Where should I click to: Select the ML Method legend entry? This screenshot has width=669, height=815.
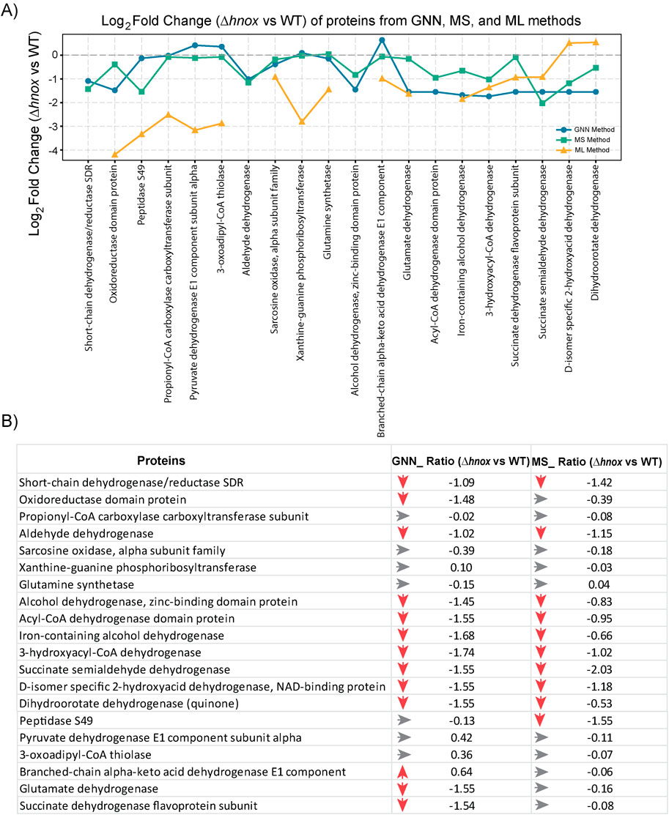point(585,149)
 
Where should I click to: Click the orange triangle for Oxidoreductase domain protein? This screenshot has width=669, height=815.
point(115,155)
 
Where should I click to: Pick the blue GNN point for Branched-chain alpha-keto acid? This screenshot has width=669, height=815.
point(382,40)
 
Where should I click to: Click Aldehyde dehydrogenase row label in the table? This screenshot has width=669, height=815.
point(86,533)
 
